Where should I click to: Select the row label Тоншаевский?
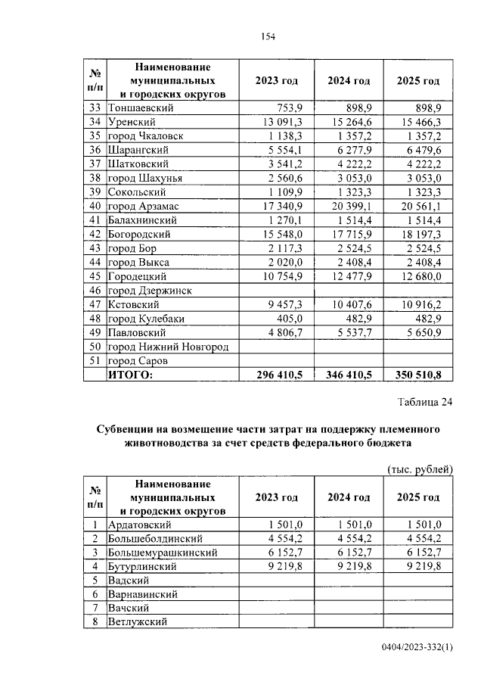coord(141,108)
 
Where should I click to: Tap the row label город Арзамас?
coord(144,206)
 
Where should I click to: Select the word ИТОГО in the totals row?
coord(131,374)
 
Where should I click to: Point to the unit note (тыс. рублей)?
coord(420,469)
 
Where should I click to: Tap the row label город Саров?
coord(137,360)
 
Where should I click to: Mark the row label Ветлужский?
coord(137,621)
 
